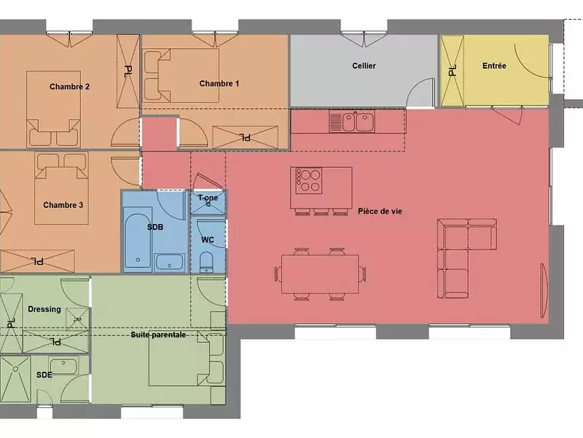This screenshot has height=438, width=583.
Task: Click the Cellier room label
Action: [364, 66]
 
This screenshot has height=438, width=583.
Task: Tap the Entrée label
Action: [494, 66]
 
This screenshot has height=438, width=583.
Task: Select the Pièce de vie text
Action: [380, 211]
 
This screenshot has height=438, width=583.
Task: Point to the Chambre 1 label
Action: [219, 83]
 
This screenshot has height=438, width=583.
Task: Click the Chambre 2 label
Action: [69, 87]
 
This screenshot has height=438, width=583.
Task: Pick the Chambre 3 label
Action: [63, 205]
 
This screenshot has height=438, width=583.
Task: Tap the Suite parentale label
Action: [158, 335]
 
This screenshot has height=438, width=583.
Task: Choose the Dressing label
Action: [44, 309]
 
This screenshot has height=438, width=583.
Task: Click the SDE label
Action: [44, 374]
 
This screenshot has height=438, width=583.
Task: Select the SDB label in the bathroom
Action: [155, 227]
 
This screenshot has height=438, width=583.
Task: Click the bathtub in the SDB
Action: [138, 239]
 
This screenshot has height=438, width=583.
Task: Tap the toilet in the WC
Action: [206, 262]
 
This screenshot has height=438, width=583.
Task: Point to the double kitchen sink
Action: [352, 121]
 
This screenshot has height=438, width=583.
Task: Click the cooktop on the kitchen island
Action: [308, 180]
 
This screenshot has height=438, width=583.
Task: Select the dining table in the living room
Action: [320, 274]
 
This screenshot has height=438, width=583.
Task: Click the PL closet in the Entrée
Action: [452, 71]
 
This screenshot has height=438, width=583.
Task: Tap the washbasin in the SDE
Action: [63, 366]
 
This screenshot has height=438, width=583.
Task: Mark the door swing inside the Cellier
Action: [420, 93]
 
